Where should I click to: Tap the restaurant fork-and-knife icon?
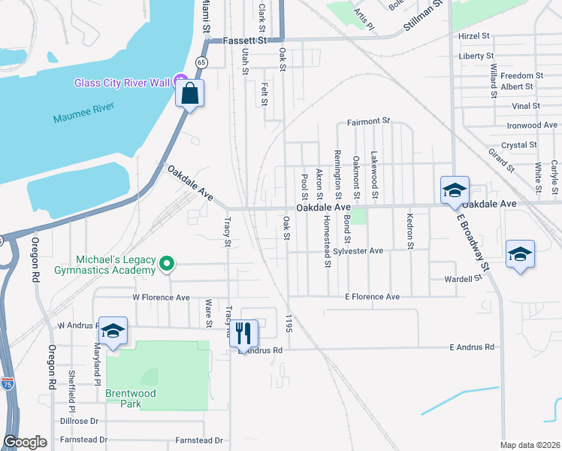tap(243, 332)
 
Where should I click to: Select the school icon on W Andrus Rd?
tap(112, 331)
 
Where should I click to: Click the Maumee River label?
tap(83, 117)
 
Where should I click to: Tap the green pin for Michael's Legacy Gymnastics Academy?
tap(168, 263)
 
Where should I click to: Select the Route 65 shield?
tap(202, 62)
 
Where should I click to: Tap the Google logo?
tap(25, 442)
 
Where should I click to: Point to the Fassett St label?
tap(245, 40)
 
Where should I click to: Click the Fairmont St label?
tap(369, 121)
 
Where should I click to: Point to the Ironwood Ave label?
tap(532, 125)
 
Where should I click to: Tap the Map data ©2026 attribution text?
tap(530, 445)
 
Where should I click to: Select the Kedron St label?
tap(410, 230)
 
